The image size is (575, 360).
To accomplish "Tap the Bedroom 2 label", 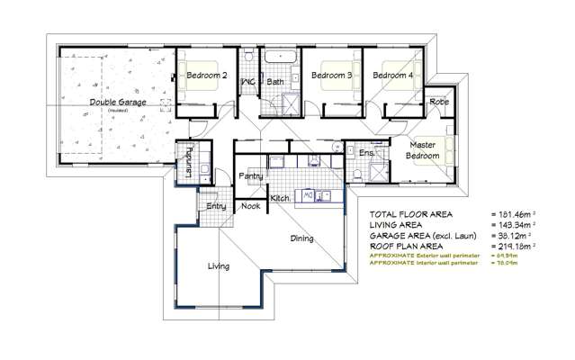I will pyautogui.click(x=206, y=76).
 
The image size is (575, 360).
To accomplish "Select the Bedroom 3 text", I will pyautogui.click(x=331, y=76).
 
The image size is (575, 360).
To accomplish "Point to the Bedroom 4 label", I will pyautogui.click(x=394, y=76).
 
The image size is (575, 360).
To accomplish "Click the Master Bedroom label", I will pyautogui.click(x=423, y=149).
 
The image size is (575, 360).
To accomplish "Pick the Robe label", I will pyautogui.click(x=439, y=103).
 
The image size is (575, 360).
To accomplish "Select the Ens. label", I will pyautogui.click(x=365, y=154).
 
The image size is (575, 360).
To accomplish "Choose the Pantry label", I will pyautogui.click(x=249, y=176).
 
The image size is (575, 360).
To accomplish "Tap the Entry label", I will pyautogui.click(x=216, y=206).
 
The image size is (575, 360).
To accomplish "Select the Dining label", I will pyautogui.click(x=301, y=238).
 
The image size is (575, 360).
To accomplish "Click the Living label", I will pyautogui.click(x=218, y=266).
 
